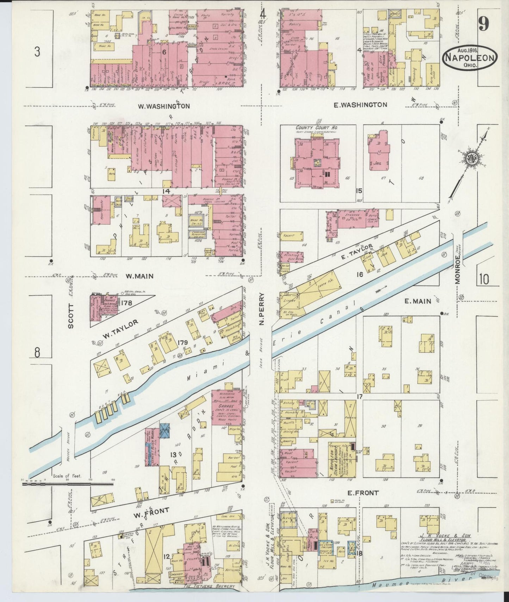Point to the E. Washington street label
coord(360,105)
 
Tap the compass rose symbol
coord(470,157)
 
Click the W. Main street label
coord(140,276)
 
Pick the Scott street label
coord(71,316)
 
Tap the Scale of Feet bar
coord(67,484)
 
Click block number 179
coord(183,342)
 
